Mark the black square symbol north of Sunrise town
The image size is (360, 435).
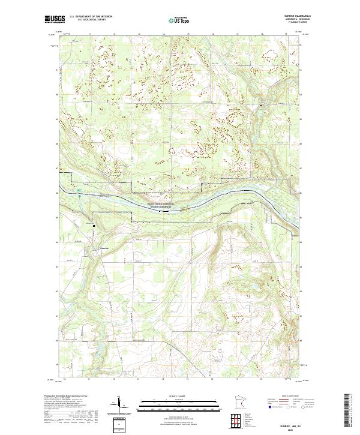click(94, 225)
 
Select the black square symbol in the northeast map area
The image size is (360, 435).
click(261, 106)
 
